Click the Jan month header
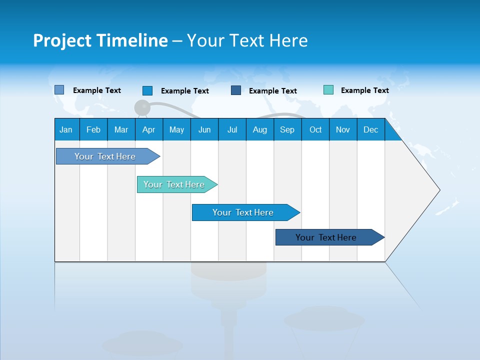[x=66, y=129]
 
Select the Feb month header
[x=93, y=129]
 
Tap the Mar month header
[x=121, y=129]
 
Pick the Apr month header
[x=149, y=129]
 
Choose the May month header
[x=176, y=129]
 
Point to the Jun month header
[x=204, y=129]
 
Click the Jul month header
[x=232, y=129]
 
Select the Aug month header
[x=260, y=129]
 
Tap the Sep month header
[x=287, y=129]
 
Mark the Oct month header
[x=315, y=129]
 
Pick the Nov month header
[x=343, y=129]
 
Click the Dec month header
[x=371, y=129]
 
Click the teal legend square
[x=328, y=90]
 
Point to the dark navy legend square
[x=236, y=90]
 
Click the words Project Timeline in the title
[x=100, y=40]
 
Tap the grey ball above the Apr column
[x=142, y=107]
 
